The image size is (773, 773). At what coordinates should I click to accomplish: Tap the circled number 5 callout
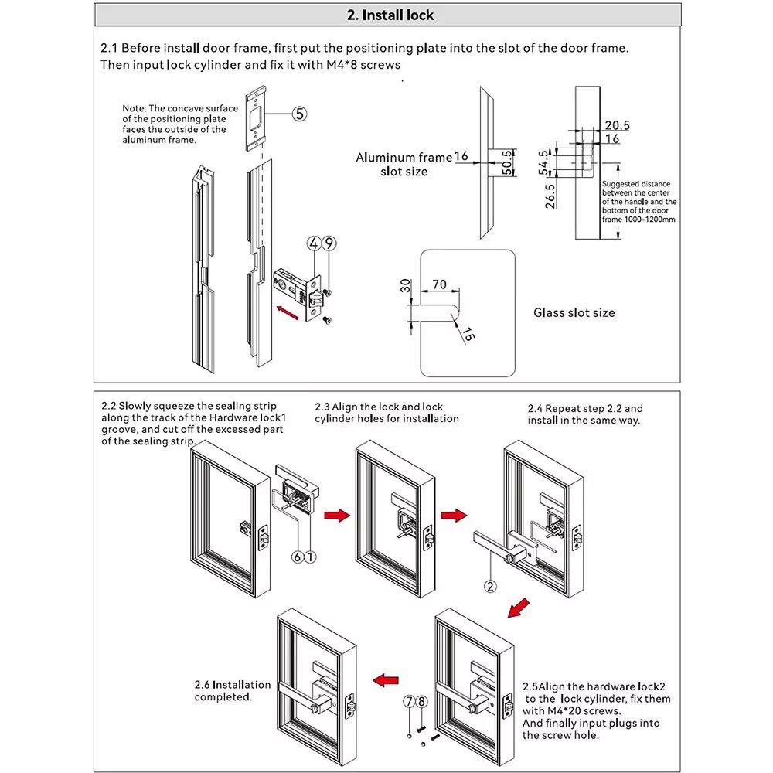click(x=299, y=114)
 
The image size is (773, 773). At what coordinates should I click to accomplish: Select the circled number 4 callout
click(x=313, y=243)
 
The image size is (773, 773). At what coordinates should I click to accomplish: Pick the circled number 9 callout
click(x=329, y=243)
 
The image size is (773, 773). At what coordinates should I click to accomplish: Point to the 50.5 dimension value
click(x=507, y=163)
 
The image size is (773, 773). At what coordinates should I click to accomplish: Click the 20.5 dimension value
click(x=617, y=124)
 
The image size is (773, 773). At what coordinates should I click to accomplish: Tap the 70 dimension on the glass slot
click(x=439, y=284)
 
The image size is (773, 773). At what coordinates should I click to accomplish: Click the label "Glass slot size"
click(x=574, y=312)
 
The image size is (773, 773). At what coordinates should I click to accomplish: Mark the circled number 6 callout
click(x=296, y=556)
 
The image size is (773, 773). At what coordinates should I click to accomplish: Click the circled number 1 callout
click(x=310, y=556)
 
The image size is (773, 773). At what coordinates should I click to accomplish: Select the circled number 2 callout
click(x=489, y=585)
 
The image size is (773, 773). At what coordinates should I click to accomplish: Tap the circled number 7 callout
click(x=408, y=702)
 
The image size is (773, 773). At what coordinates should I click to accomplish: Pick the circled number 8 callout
click(x=421, y=702)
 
